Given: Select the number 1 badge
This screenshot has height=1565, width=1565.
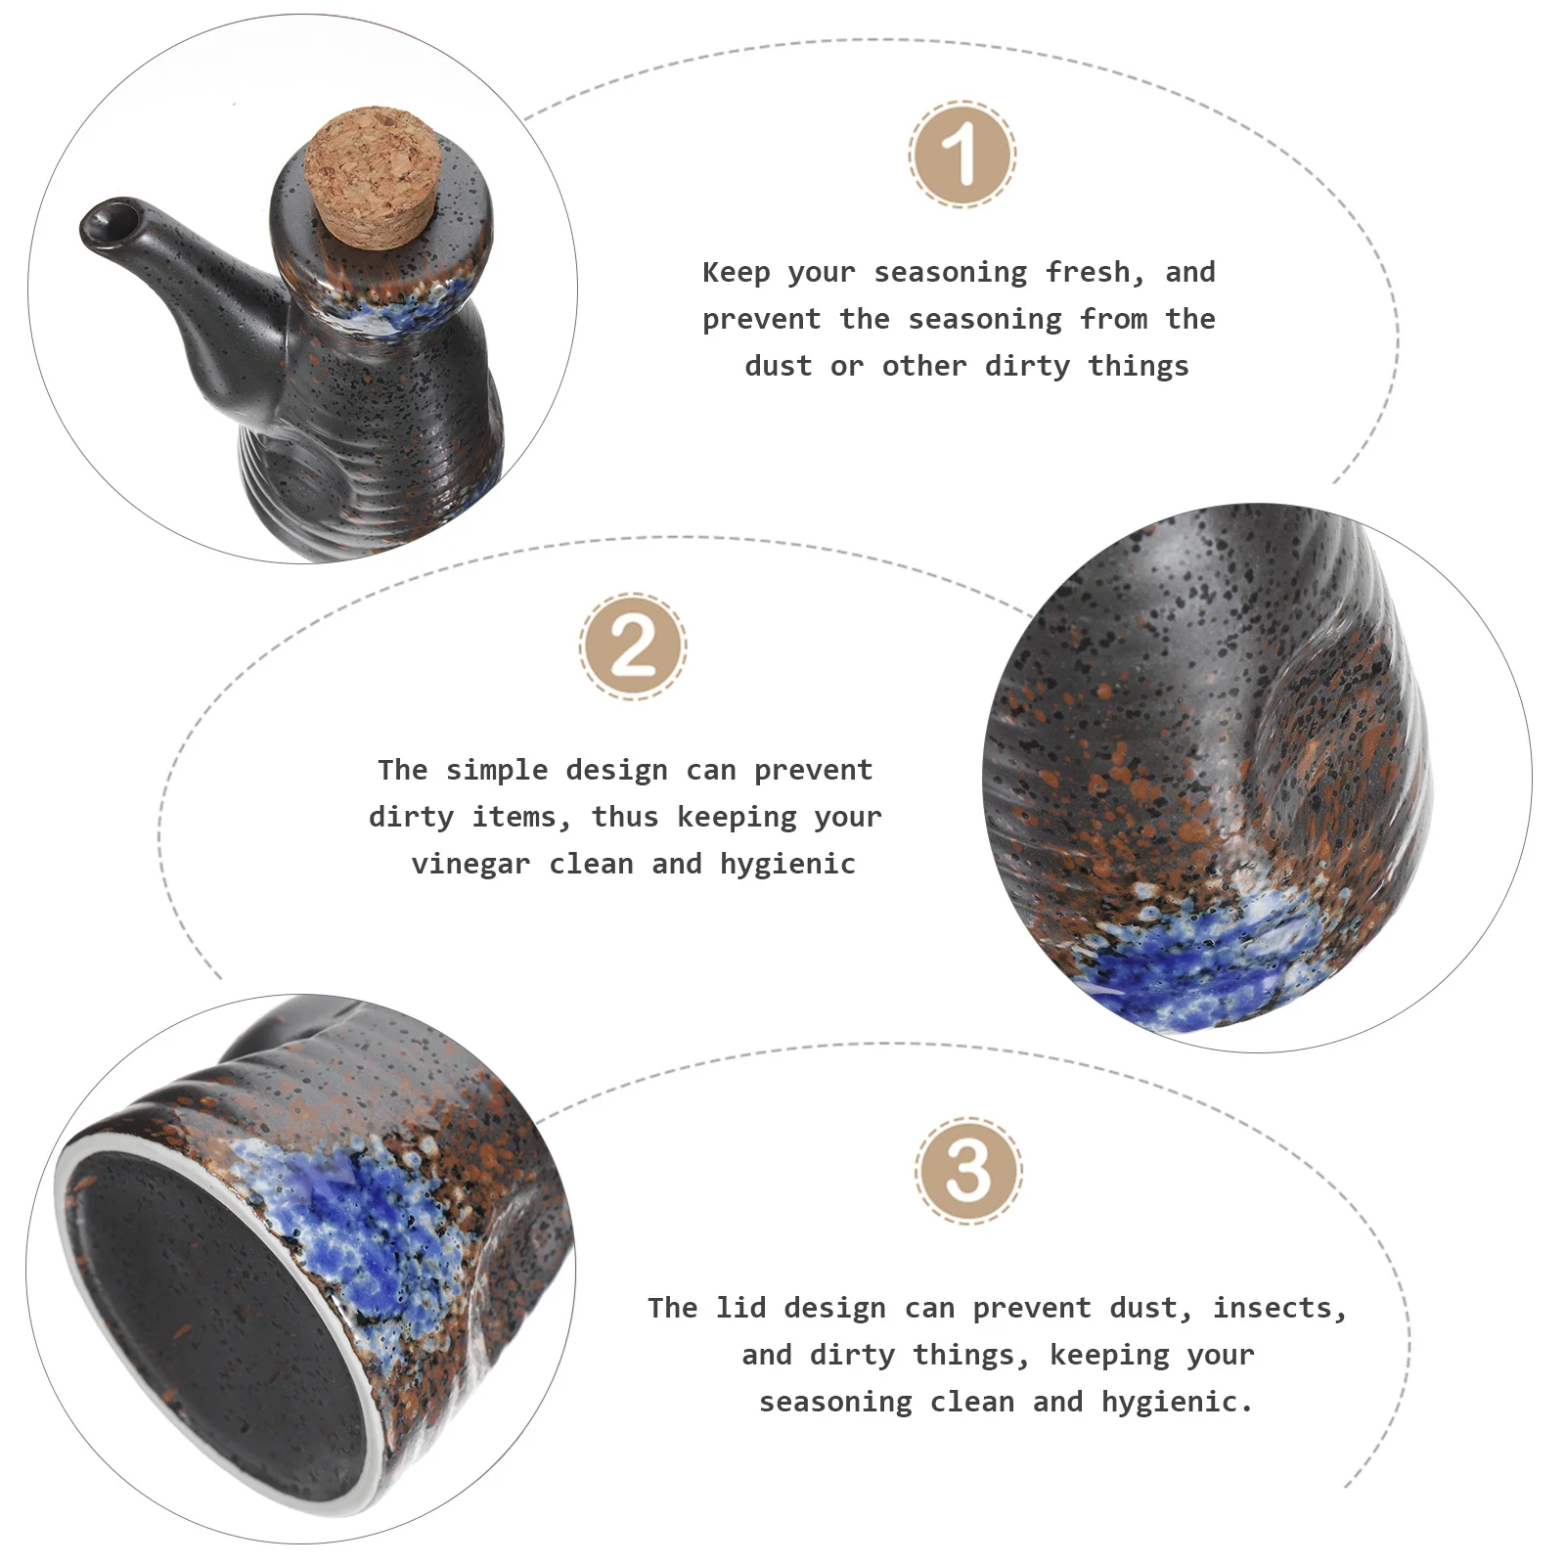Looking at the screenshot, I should pyautogui.click(x=962, y=154).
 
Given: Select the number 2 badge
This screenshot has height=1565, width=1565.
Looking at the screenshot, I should pyautogui.click(x=633, y=646).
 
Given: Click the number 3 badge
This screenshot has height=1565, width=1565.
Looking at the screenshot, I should pyautogui.click(x=968, y=1171).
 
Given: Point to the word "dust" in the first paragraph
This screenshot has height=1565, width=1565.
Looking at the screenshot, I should pyautogui.click(x=778, y=366).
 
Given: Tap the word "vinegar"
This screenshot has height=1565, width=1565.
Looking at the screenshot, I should pyautogui.click(x=470, y=864).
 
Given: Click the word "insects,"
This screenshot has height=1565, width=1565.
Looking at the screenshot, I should pyautogui.click(x=1279, y=1308).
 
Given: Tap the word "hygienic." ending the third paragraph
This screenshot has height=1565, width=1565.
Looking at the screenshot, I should pyautogui.click(x=1177, y=1402).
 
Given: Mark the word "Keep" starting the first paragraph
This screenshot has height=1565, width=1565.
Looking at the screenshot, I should pyautogui.click(x=736, y=272).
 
